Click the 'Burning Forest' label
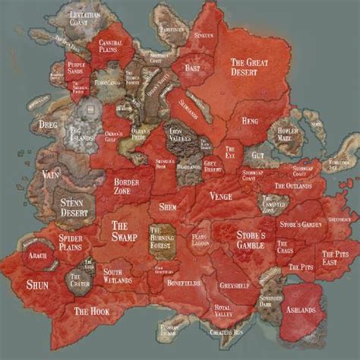[x=163, y=236]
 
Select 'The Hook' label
[x=92, y=311]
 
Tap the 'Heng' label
[x=251, y=121]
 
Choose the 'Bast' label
[x=192, y=69]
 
